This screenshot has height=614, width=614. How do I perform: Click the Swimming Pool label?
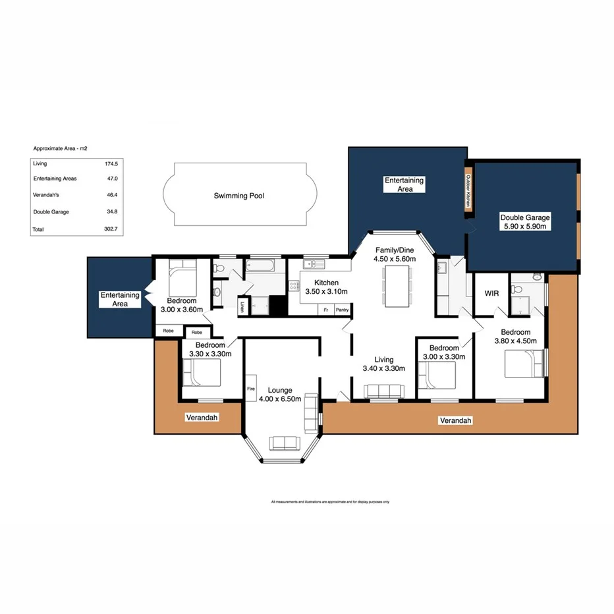(x=238, y=196)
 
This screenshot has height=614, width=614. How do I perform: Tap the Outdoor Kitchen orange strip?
(x=468, y=191)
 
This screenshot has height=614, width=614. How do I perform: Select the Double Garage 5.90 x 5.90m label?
(x=524, y=221)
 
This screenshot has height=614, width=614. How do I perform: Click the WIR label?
(x=491, y=293)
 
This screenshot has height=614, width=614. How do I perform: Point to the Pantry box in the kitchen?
(x=342, y=310)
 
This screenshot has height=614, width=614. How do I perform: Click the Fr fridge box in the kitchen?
(x=325, y=310)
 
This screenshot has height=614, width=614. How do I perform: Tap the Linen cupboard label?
(x=242, y=306)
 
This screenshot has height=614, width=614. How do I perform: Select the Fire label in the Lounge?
(x=250, y=389)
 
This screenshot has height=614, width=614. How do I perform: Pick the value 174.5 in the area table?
(x=111, y=163)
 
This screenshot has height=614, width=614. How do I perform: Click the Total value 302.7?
(x=111, y=229)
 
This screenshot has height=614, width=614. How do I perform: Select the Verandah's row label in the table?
(x=48, y=195)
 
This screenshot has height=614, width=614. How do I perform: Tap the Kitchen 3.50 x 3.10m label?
(x=323, y=287)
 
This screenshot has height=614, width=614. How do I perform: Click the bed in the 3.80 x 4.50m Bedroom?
(x=524, y=364)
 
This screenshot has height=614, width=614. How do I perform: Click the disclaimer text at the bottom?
(x=330, y=502)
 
